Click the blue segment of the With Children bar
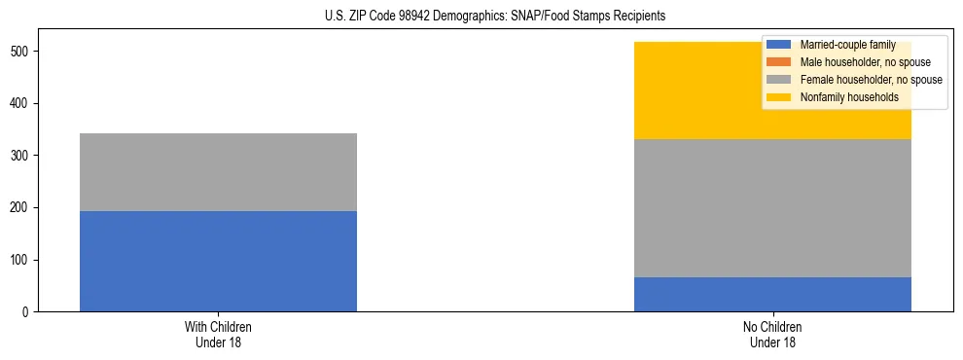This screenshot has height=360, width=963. (x=218, y=261)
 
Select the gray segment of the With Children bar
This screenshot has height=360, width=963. (x=218, y=172)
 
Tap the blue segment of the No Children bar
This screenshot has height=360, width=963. (x=772, y=294)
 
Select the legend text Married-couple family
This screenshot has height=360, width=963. (x=847, y=45)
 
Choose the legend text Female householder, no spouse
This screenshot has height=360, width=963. (x=871, y=80)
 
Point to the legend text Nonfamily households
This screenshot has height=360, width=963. (x=842, y=97)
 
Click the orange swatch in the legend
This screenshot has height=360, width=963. (x=779, y=62)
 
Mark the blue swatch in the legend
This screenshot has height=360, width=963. (x=779, y=45)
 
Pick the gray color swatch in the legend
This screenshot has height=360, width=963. (x=779, y=80)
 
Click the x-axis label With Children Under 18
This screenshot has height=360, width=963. (x=218, y=334)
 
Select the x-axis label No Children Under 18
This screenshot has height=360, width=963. (x=772, y=334)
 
